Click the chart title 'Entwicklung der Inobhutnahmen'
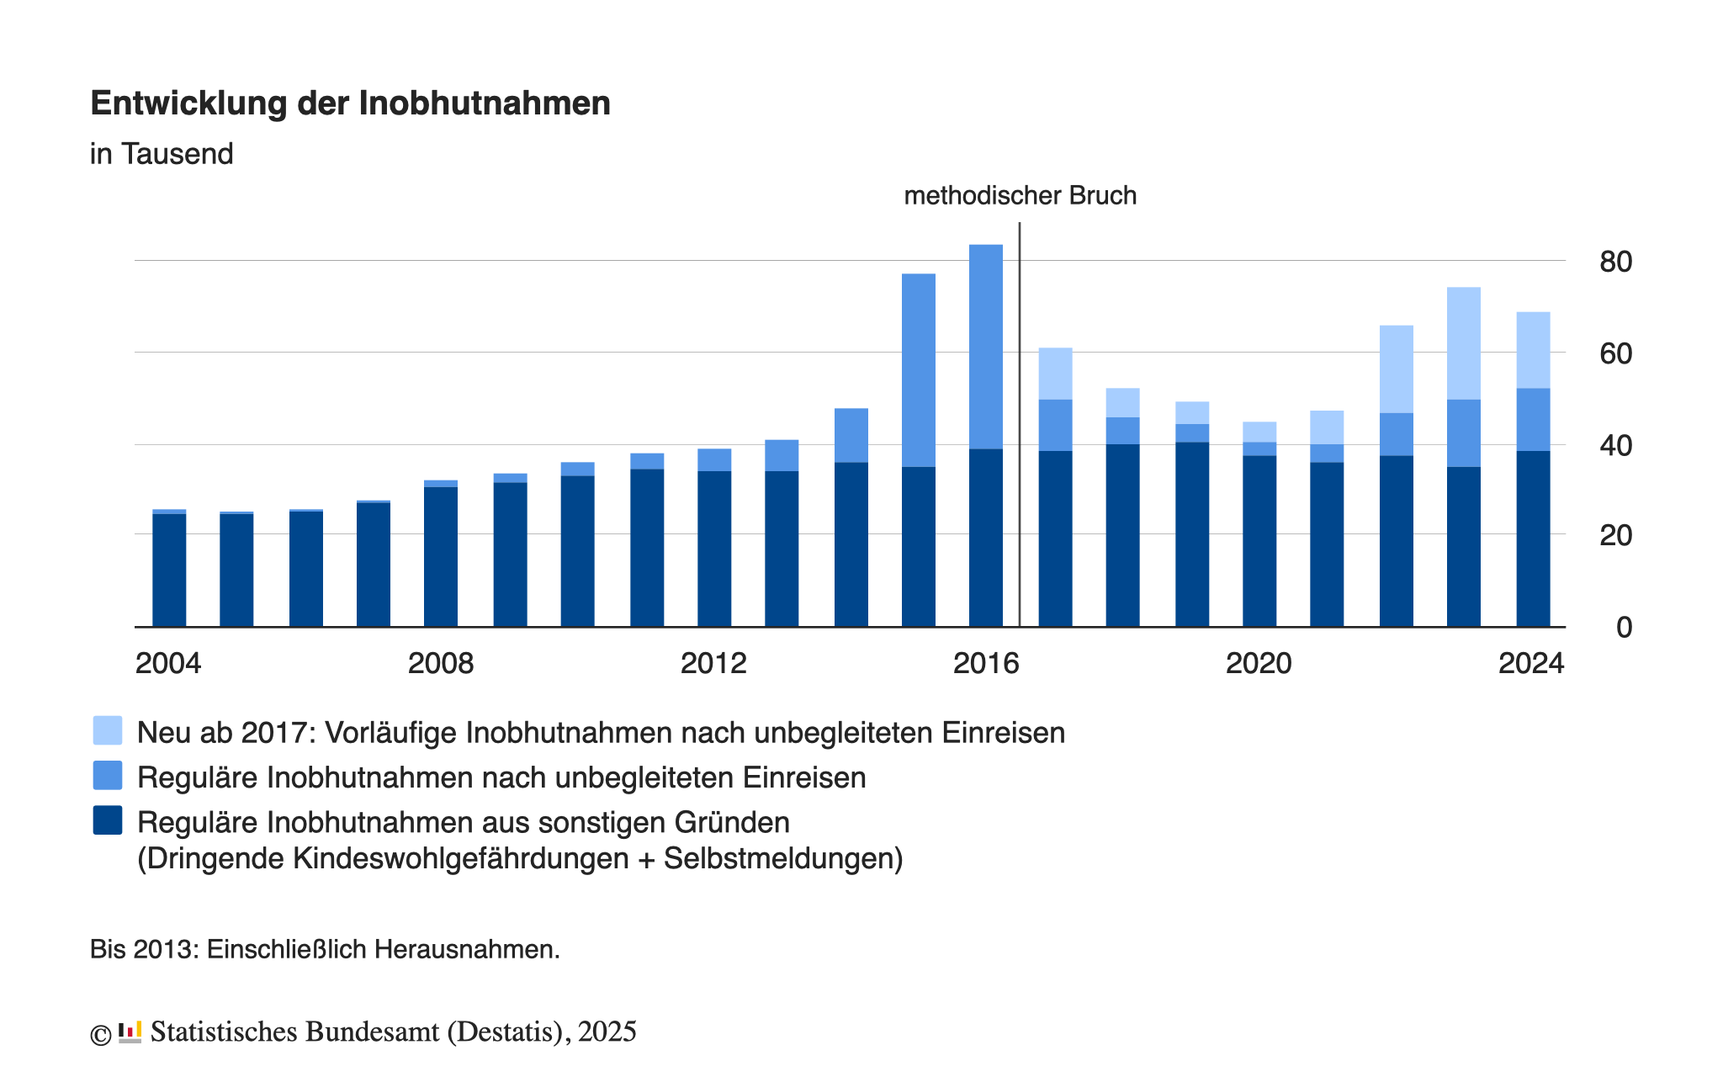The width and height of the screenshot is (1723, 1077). coord(350,103)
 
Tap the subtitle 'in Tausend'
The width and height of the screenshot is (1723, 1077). coord(162,154)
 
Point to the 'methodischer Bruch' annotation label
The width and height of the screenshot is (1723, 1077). coord(1020,196)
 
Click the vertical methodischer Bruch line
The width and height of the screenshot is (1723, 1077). coord(1020,421)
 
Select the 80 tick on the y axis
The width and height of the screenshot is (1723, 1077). coord(1615,262)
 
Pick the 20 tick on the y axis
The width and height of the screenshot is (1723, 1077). coord(1615,535)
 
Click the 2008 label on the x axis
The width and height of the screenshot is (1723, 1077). coord(441,664)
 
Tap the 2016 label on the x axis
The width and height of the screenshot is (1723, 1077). coord(986,664)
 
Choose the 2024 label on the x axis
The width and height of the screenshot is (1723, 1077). coord(1531,664)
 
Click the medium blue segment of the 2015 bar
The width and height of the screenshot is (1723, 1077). coord(918,370)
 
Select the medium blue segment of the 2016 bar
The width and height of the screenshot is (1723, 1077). coord(986,347)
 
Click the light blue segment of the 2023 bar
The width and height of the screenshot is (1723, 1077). coord(1464,343)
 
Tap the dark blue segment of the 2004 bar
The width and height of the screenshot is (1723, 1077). coord(169,570)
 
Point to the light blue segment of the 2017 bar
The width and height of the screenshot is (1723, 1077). coord(1055,374)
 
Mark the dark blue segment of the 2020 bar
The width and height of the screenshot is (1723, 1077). coord(1259,541)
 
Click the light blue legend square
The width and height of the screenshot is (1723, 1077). coord(108,730)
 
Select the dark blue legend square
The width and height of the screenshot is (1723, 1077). coord(108,820)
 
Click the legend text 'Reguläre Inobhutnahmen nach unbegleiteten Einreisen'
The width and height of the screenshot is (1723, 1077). coord(501,777)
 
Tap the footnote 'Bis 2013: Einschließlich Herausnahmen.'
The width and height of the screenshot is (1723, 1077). coord(325,949)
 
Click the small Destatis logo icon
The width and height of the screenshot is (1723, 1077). coord(130,1032)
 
